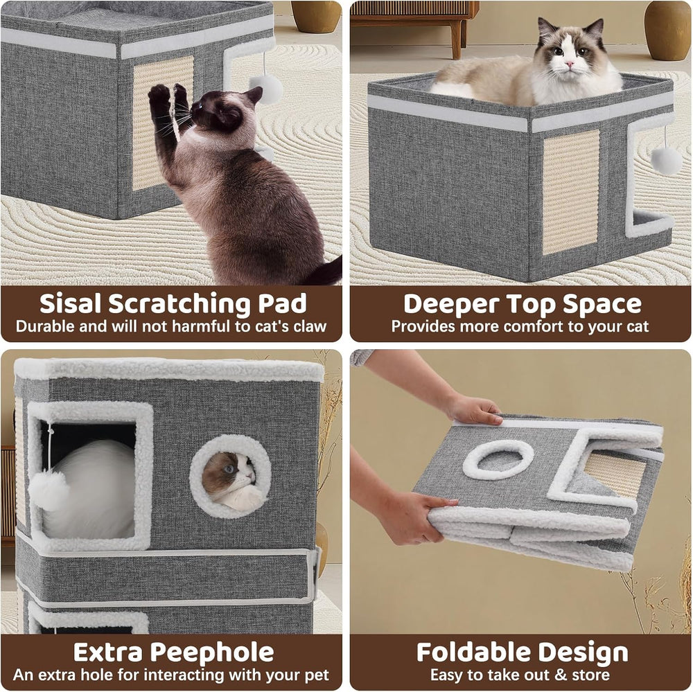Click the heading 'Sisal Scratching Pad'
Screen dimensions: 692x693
tap(173, 303)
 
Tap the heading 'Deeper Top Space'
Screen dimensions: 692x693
tap(522, 303)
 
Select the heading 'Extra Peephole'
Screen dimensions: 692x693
tap(173, 652)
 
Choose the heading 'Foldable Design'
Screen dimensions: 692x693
tap(522, 652)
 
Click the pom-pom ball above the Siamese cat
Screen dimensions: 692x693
tap(266, 88)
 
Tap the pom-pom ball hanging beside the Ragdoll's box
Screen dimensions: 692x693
tap(665, 160)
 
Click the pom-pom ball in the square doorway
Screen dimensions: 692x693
tap(49, 490)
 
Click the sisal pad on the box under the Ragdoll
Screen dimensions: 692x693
tap(570, 191)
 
